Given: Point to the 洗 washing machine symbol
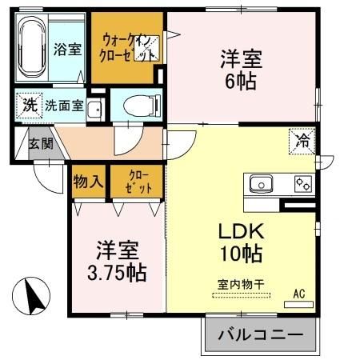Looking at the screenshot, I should click(29, 104).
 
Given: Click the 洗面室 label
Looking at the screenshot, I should click(65, 105).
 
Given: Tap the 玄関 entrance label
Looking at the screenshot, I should click(42, 144).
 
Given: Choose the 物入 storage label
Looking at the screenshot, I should click(88, 180).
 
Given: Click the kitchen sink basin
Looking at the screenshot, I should click(262, 184).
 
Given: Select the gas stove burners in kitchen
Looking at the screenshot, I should click(302, 184).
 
